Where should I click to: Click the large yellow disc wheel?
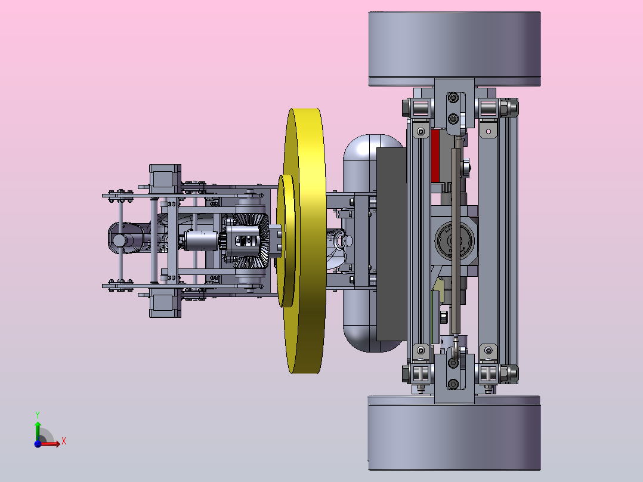click(305, 241)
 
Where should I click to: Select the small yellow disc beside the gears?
click(286, 241)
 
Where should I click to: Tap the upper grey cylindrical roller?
click(455, 49)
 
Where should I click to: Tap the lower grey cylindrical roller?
click(455, 432)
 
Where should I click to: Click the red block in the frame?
click(435, 156)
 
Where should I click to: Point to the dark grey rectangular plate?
click(392, 244)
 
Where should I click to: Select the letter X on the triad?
click(64, 441)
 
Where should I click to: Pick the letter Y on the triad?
click(38, 415)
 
